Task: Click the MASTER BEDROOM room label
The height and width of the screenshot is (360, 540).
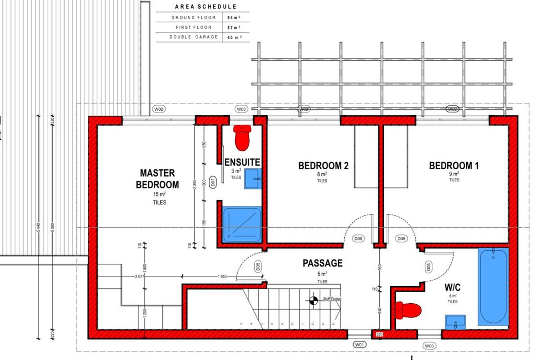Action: point(157,179)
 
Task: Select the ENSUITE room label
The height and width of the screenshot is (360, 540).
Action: point(242,162)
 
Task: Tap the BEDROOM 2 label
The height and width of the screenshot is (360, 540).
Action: point(323,166)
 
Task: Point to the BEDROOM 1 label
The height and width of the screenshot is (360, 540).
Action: point(454,166)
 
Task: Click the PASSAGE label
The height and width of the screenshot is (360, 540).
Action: point(322,263)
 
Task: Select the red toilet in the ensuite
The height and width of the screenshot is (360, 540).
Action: point(242,137)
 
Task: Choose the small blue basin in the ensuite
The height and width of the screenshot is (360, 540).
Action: point(253,179)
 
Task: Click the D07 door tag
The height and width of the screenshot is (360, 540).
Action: point(213,182)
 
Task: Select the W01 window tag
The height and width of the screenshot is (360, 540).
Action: point(359,345)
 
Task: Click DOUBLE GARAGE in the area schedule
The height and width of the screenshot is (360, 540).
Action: point(188,37)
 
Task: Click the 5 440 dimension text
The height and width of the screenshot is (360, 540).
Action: point(38,227)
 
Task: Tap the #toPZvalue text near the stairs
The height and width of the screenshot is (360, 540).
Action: point(332,299)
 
